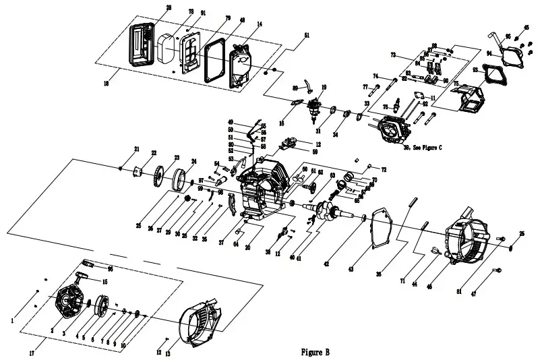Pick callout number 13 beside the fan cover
168,353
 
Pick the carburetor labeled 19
315,107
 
